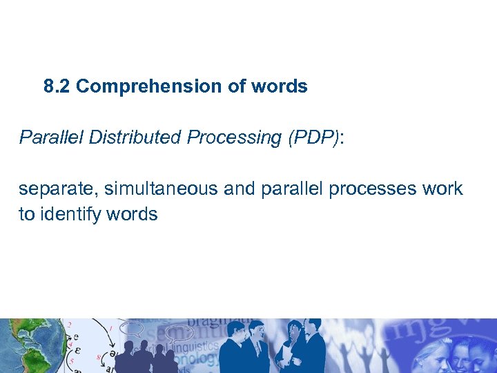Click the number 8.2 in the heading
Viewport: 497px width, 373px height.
point(57,86)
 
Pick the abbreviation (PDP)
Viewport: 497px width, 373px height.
point(310,137)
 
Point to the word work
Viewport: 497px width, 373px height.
point(444,189)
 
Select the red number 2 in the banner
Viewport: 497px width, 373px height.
point(69,325)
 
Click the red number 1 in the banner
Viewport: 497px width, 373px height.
point(112,328)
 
